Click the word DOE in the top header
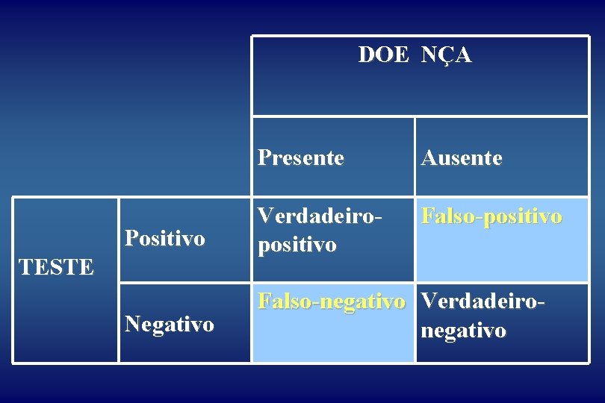pos(383,54)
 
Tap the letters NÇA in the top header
pos(446,54)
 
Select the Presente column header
pos(301,157)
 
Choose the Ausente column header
pos(462,157)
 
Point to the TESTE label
pos(57,266)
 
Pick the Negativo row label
pos(170,324)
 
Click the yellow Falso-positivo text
pos(491,216)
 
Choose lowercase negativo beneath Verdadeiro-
pos(464,330)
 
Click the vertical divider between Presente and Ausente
pos(415,157)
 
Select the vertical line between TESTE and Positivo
pos(118,280)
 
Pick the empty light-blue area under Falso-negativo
pos(332,340)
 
